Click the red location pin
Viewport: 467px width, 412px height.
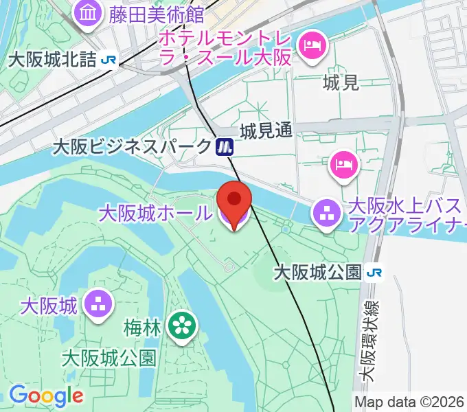(234, 200)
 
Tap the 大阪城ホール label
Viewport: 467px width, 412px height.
(155, 213)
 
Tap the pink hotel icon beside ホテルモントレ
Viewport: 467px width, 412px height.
(311, 46)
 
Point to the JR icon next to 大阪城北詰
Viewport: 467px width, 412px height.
(108, 60)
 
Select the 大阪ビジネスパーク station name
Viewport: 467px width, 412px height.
(133, 146)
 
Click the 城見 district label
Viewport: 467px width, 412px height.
(341, 84)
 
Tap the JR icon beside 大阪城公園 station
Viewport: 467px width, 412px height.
(374, 273)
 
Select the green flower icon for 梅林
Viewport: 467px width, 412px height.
(182, 325)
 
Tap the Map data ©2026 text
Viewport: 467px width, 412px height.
(409, 402)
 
